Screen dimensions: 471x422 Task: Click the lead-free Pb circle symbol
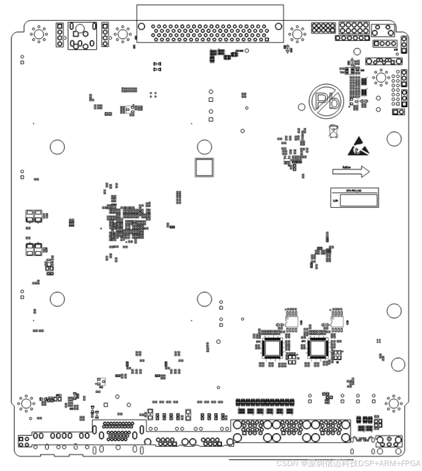(x=326, y=101)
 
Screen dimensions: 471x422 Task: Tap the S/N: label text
(x=335, y=201)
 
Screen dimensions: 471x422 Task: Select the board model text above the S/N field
(x=354, y=191)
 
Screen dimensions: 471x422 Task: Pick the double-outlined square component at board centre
(x=204, y=167)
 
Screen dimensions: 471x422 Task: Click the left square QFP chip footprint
(x=271, y=348)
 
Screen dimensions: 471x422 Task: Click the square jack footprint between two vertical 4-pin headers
(x=82, y=35)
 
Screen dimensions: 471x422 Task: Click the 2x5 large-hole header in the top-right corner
(x=354, y=28)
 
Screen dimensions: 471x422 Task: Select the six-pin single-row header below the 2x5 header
(x=352, y=38)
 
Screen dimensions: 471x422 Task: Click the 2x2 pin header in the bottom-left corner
(x=24, y=441)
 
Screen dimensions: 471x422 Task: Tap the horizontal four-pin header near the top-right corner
(x=384, y=43)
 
